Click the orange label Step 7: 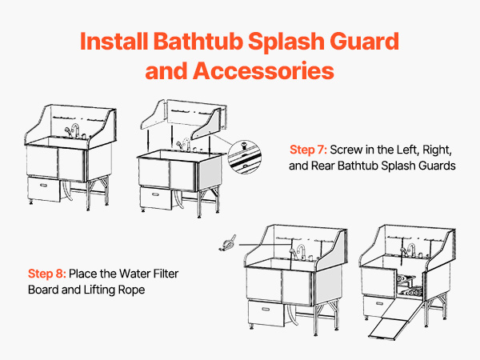[x=308, y=150]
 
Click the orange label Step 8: [x=47, y=274]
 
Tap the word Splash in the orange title [x=286, y=42]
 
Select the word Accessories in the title [x=263, y=70]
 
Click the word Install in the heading [x=114, y=41]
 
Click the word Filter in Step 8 [x=166, y=274]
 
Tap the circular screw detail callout [x=244, y=157]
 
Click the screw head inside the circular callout [x=244, y=143]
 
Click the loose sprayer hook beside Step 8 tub [x=227, y=243]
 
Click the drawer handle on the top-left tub [x=43, y=186]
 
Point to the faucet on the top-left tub [x=75, y=131]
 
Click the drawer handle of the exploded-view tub [x=155, y=194]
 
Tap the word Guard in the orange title [x=364, y=41]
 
